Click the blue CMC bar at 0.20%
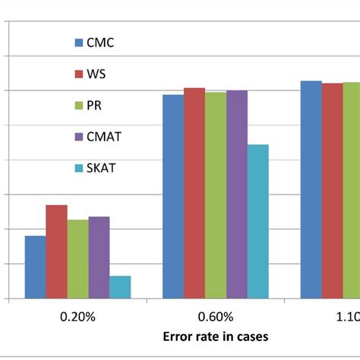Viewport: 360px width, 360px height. point(35,267)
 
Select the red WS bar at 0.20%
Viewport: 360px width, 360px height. point(56,252)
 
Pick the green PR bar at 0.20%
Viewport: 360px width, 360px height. point(77,259)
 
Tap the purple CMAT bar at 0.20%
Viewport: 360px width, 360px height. point(99,257)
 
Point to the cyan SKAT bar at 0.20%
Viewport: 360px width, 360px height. point(120,287)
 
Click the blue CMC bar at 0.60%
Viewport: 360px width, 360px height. point(172,197)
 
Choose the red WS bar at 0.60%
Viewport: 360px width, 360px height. point(194,193)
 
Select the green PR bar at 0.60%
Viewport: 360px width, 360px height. point(215,195)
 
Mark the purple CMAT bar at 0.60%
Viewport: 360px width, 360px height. point(237,194)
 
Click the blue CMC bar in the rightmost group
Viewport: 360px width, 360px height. point(311,190)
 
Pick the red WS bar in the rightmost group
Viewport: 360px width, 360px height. point(332,191)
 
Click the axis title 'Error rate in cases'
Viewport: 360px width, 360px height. point(215,335)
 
